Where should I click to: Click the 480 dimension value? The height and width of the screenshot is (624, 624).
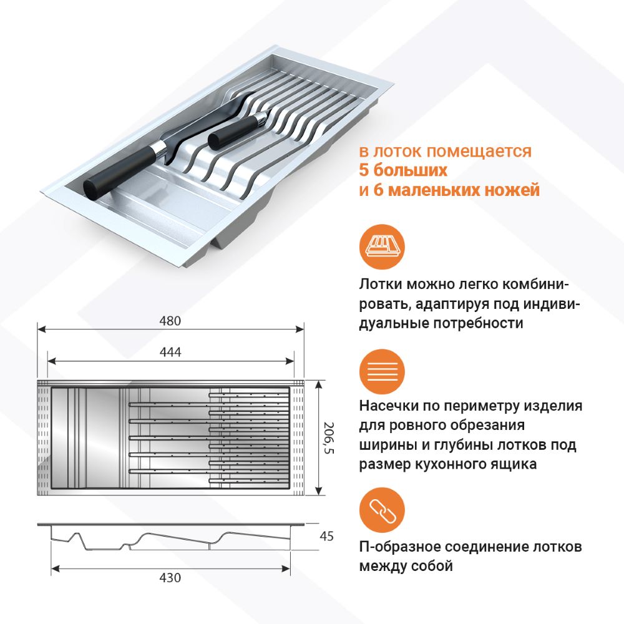tap(170, 321)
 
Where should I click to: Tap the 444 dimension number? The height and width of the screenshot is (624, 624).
tap(170, 352)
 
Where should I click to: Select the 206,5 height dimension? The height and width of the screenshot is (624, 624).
tap(329, 437)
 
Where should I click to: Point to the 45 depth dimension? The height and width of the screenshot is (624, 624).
tap(326, 536)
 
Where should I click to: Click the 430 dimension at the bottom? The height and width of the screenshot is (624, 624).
tap(170, 577)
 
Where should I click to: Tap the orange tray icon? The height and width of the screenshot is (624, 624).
tap(382, 246)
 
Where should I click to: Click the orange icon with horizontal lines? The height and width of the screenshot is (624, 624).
tap(382, 372)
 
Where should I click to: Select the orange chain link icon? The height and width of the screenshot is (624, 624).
tap(382, 510)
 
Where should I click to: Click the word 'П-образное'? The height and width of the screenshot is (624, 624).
tap(399, 547)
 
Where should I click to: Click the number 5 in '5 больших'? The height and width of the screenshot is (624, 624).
tap(364, 170)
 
